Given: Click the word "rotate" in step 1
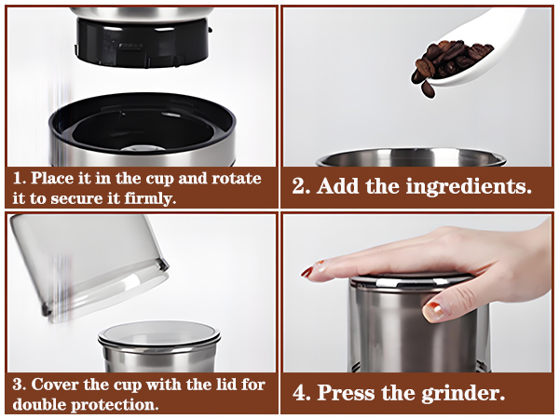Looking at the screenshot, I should tap(237, 178).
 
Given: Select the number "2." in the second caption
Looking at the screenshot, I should tap(302, 185).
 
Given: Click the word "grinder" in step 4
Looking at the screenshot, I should tap(459, 392).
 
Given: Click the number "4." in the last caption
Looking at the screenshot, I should tap(304, 392).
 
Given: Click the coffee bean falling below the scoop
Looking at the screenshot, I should tap(428, 89).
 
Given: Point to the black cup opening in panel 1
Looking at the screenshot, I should tap(140, 126).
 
